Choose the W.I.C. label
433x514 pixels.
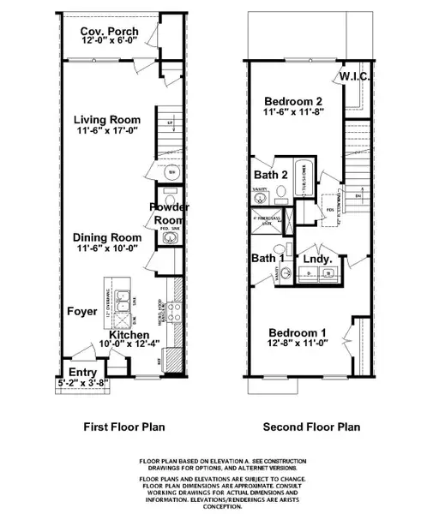[355, 77]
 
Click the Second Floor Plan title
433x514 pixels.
[311, 427]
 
